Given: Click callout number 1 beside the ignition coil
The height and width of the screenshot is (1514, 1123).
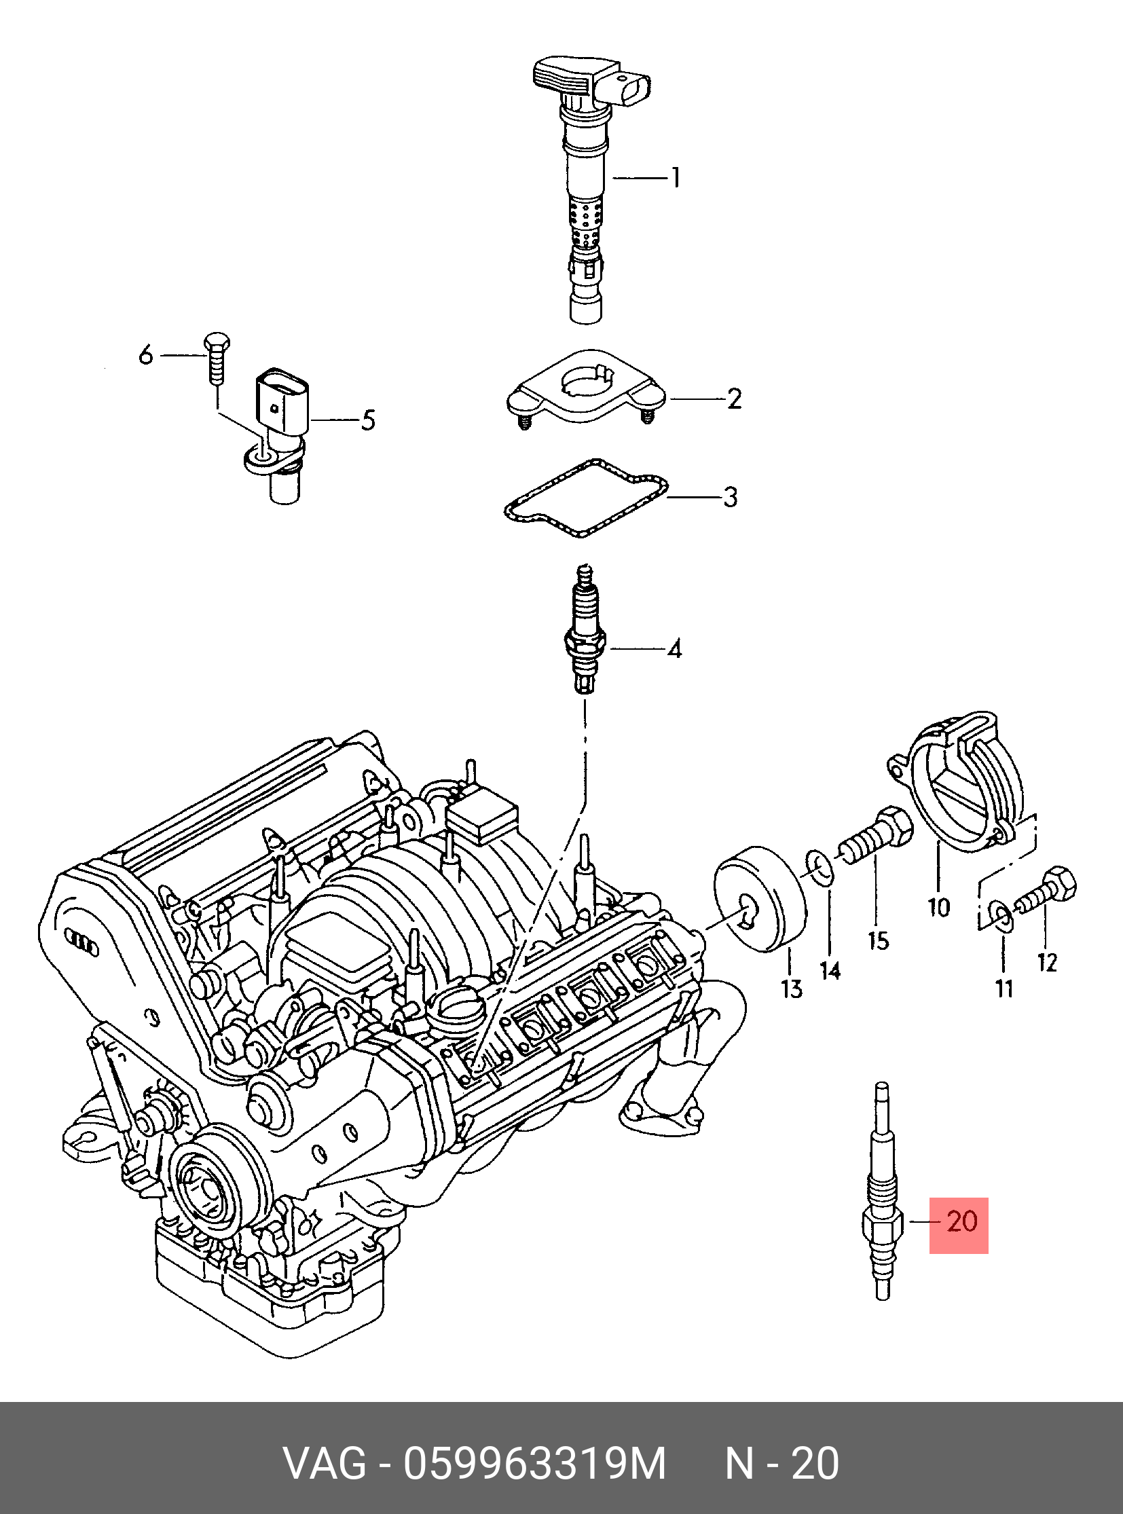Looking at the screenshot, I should pyautogui.click(x=675, y=178).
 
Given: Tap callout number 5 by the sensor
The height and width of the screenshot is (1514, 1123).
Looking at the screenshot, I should pyautogui.click(x=367, y=420).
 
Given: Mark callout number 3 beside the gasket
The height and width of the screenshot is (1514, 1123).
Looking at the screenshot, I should pyautogui.click(x=729, y=497).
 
